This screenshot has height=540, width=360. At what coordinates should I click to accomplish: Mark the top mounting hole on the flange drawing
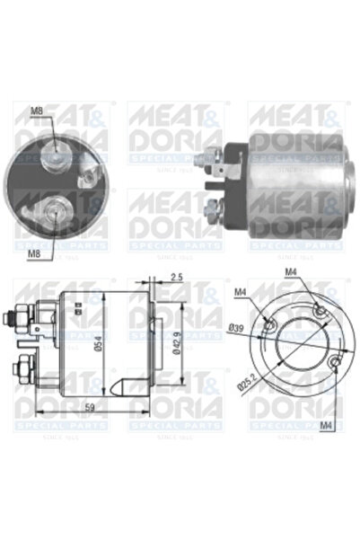[320, 311]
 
